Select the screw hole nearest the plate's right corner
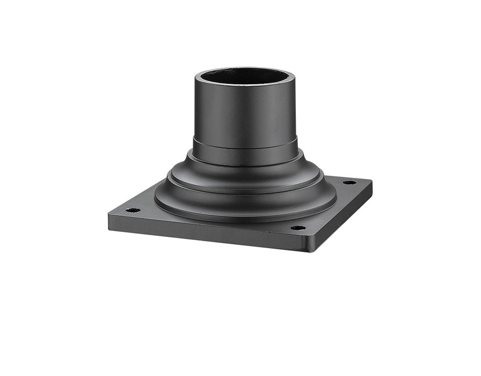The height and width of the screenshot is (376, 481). (349, 183)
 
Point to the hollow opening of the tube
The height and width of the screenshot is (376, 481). (245, 77)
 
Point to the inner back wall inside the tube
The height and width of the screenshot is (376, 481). (245, 74)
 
